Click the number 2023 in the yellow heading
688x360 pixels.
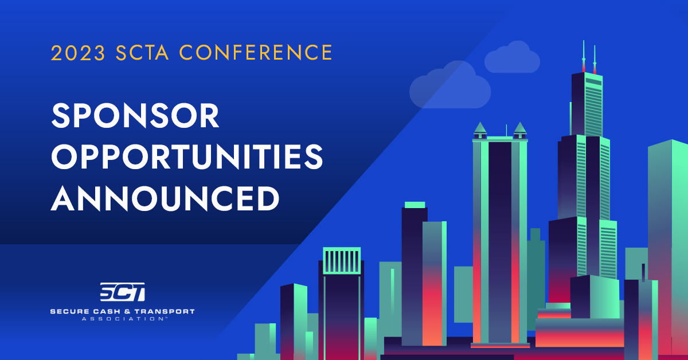(x=78, y=53)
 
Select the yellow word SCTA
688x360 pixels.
(x=142, y=53)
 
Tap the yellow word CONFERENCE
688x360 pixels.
(x=256, y=52)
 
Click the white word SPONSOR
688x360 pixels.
(x=135, y=115)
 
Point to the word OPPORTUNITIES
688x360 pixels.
(x=187, y=157)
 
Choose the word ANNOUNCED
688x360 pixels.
(x=165, y=198)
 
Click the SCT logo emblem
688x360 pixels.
(x=123, y=292)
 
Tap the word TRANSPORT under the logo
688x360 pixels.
(x=165, y=311)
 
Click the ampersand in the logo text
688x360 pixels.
(x=127, y=311)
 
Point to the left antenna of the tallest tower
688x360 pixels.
(x=584, y=57)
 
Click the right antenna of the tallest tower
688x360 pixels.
(x=595, y=60)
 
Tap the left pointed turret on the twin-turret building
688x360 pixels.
(x=480, y=131)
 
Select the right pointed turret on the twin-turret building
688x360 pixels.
(x=521, y=131)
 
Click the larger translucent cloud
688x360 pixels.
(x=450, y=85)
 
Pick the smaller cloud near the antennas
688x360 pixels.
(x=512, y=57)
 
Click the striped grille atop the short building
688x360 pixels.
(x=342, y=260)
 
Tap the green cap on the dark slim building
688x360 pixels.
(x=415, y=205)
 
